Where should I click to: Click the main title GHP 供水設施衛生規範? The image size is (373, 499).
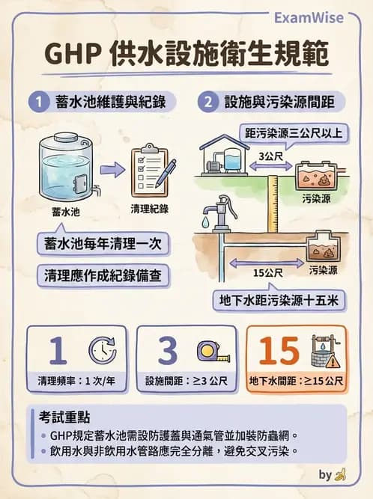(186, 56)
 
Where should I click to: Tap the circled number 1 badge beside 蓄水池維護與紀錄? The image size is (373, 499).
(38, 103)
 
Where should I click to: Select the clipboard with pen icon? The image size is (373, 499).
(151, 170)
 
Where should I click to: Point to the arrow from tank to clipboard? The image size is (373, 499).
(112, 170)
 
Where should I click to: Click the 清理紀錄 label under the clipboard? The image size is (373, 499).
(149, 209)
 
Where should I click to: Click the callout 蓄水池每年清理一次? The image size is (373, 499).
(104, 244)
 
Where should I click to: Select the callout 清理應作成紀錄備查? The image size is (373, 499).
(104, 275)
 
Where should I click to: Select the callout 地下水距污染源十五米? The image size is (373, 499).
(280, 301)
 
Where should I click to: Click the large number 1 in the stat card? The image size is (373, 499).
(55, 349)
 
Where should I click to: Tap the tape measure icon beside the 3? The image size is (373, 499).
(207, 350)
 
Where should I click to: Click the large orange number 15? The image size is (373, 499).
(279, 349)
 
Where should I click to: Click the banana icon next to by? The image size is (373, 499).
(340, 474)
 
